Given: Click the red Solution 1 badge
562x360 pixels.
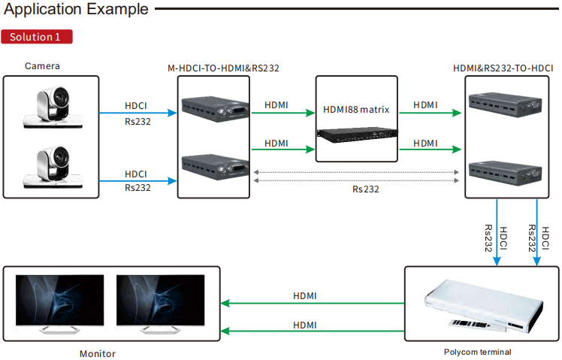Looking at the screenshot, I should [x=37, y=36].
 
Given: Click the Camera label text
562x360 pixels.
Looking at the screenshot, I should [x=42, y=66].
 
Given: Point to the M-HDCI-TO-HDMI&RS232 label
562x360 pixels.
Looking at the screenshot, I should [x=223, y=68].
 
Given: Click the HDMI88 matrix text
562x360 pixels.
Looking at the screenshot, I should [x=356, y=110].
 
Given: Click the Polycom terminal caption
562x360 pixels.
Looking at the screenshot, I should [x=477, y=351].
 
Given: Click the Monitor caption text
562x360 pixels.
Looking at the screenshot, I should [x=98, y=353].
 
